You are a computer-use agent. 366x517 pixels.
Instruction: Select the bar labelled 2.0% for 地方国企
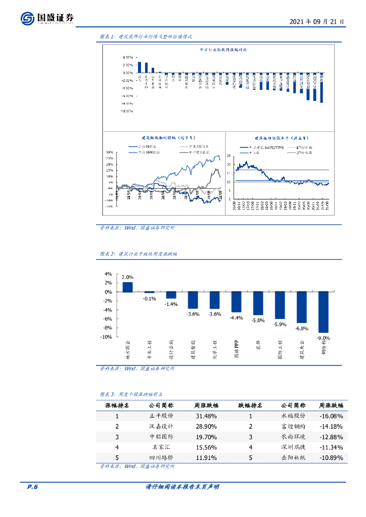coord(127,287)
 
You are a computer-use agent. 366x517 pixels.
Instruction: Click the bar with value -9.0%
coord(323,312)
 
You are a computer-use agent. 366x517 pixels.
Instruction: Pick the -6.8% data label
coord(302,328)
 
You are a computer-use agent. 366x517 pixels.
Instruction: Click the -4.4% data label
coord(237,318)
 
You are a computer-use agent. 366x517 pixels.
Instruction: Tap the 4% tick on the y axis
coord(108,274)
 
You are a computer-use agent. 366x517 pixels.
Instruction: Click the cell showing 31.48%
coord(206,416)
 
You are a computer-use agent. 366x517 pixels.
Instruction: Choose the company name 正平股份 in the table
coord(161,416)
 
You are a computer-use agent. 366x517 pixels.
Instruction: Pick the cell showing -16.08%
coord(331,416)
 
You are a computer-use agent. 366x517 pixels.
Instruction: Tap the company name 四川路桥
coord(161,458)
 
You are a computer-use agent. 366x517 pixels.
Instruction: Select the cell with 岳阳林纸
coord(293,458)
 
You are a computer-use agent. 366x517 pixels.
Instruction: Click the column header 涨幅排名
coord(117,405)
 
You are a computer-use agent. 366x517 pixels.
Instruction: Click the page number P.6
coord(32,487)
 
